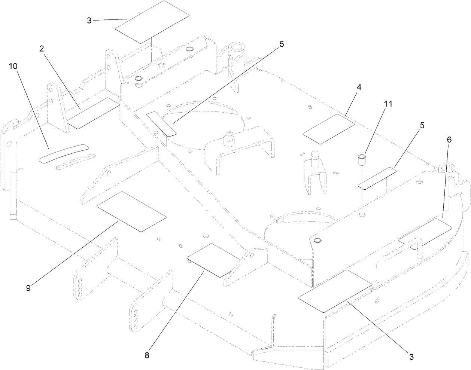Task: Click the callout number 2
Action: pos(42,49)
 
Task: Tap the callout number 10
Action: pos(13,66)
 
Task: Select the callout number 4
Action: pos(359,88)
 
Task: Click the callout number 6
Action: pos(449,139)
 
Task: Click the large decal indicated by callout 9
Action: pos(131,212)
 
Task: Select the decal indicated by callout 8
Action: pos(213,260)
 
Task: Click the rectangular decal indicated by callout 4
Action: pos(329,129)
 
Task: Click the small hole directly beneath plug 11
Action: pos(362,215)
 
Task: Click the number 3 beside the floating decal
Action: pos(89,20)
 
